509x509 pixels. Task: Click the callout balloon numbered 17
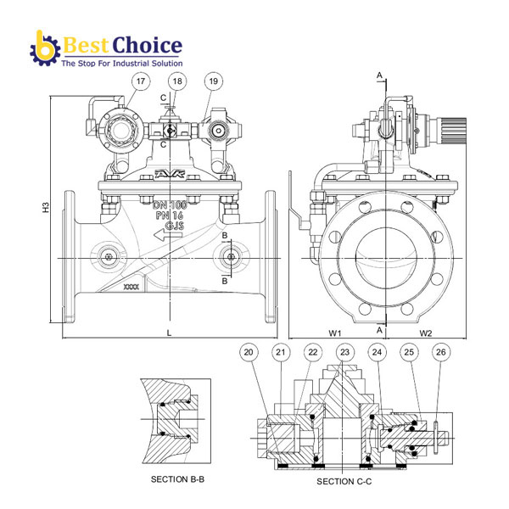click(141, 81)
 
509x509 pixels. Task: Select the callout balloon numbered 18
click(177, 81)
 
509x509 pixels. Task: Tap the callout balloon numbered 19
click(213, 81)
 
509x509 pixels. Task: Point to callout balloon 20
click(249, 352)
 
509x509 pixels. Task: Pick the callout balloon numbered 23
click(344, 352)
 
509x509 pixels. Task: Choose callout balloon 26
click(441, 352)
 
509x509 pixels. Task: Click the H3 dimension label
click(46, 208)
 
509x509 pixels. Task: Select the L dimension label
click(169, 333)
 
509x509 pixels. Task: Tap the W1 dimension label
click(335, 333)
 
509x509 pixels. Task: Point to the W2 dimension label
click(426, 333)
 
